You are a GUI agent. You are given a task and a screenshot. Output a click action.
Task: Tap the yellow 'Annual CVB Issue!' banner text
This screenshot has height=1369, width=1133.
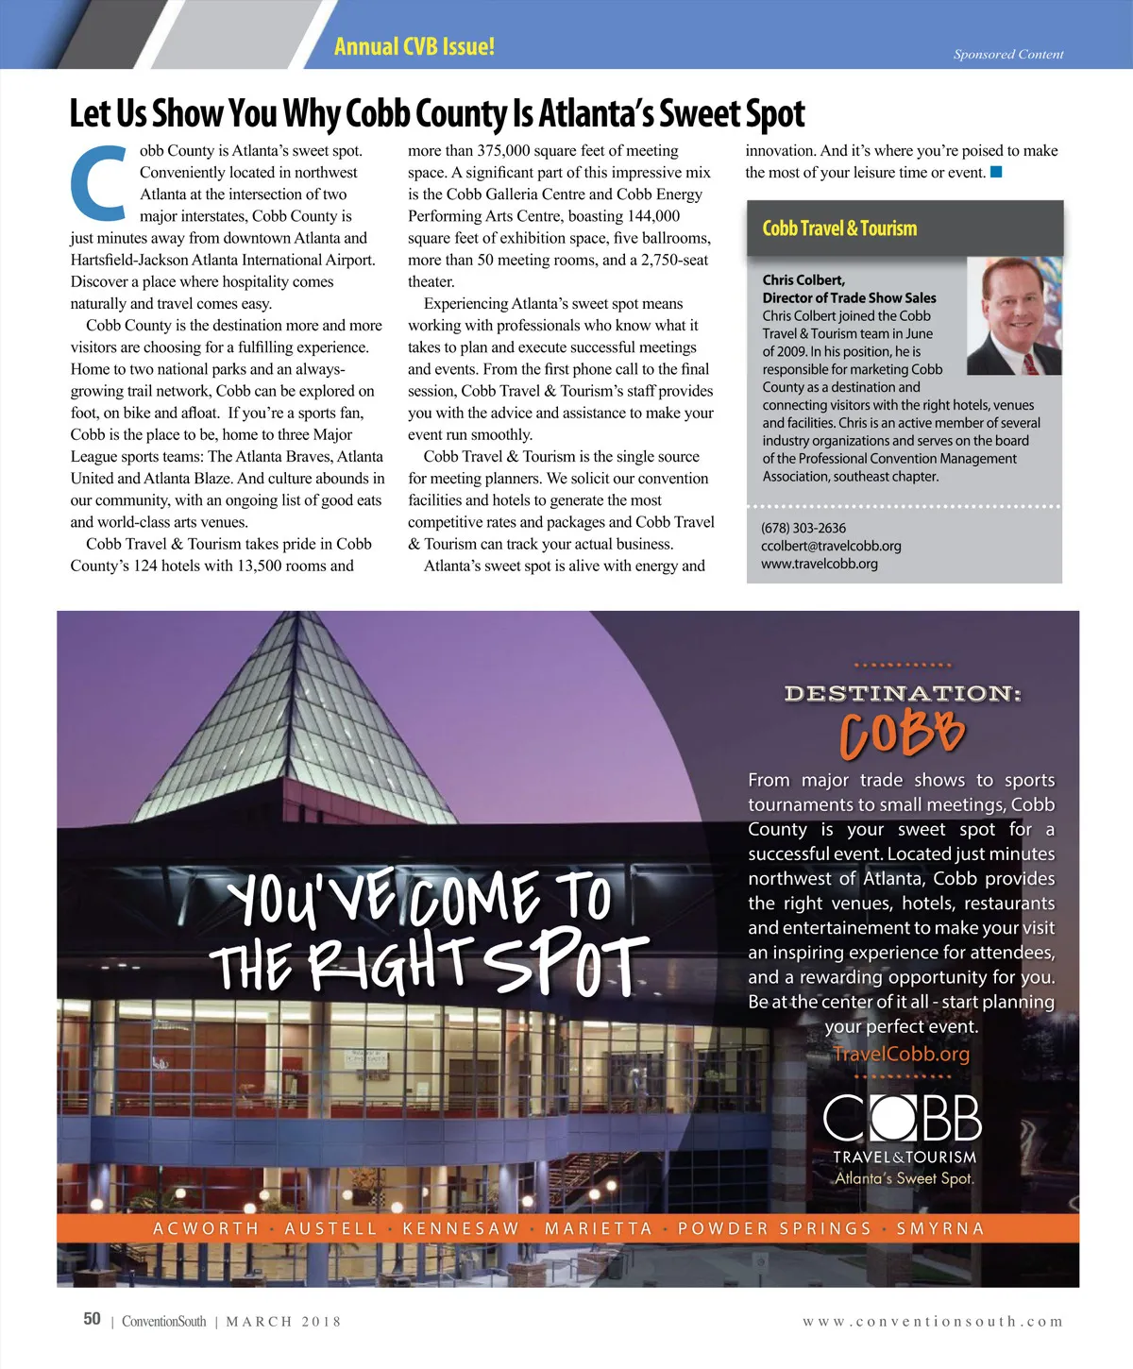[x=414, y=46]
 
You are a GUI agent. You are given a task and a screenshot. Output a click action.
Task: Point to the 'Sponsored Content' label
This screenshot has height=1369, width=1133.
[x=1007, y=55]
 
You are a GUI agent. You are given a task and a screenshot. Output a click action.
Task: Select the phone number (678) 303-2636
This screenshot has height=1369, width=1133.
[x=803, y=528]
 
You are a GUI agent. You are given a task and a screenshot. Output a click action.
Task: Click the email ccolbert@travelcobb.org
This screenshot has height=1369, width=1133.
[x=831, y=546]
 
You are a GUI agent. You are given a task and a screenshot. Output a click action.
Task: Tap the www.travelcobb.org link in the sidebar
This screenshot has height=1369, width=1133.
[x=819, y=564]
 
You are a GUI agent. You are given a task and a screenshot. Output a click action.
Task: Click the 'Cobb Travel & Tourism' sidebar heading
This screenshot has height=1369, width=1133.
[x=839, y=228]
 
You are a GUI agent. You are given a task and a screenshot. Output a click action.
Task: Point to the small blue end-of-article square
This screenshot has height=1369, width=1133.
[x=996, y=172]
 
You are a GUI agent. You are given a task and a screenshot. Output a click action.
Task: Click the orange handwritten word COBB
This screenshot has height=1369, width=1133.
[x=902, y=734]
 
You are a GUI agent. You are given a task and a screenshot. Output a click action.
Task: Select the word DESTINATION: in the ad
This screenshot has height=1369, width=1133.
[x=903, y=694]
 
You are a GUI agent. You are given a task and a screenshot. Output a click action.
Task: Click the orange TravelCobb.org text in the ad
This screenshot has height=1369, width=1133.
[x=901, y=1054]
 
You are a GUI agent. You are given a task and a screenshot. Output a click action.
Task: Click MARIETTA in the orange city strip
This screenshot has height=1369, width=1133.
[x=599, y=1228]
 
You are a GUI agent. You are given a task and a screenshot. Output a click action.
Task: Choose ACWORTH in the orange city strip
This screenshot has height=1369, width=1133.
[x=206, y=1228]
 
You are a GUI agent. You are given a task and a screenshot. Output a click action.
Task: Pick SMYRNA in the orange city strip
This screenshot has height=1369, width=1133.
[x=939, y=1228]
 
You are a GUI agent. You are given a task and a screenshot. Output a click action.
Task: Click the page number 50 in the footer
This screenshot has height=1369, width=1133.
[x=92, y=1319]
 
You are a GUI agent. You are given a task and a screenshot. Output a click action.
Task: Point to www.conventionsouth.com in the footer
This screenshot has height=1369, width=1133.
[x=933, y=1322]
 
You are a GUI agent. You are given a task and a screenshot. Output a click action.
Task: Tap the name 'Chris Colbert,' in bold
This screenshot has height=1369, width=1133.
[x=803, y=279]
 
